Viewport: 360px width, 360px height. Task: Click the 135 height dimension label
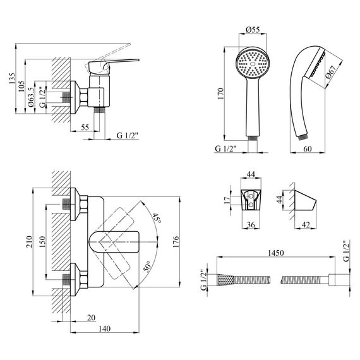12,78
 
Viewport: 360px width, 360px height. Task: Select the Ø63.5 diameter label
31,97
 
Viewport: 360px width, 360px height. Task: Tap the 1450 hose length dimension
276,253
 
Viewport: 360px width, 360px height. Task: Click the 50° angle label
148,267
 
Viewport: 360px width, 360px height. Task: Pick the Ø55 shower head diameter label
253,30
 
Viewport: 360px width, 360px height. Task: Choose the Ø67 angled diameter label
331,72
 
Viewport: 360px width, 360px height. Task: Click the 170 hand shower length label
220,93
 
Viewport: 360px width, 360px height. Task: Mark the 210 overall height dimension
29,242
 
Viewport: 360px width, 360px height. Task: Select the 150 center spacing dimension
42,242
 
